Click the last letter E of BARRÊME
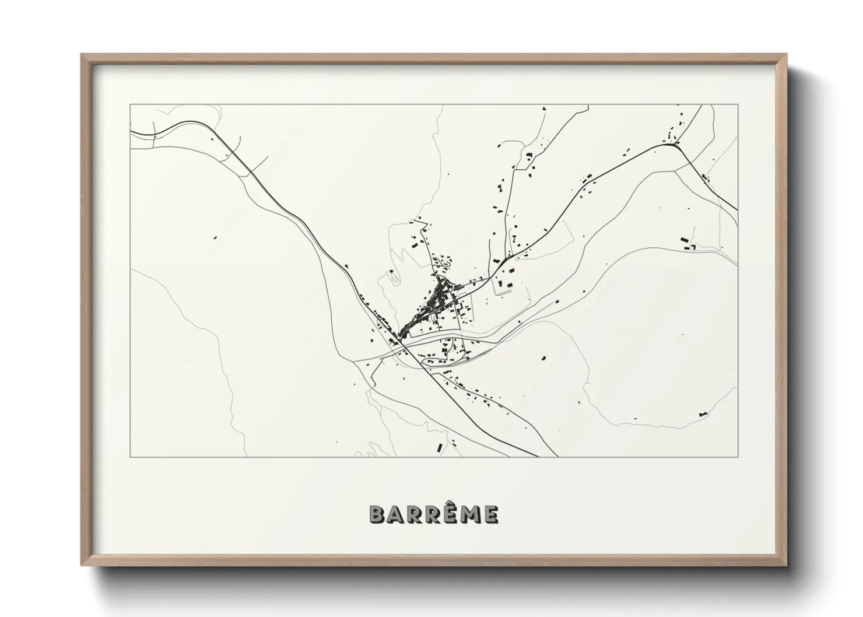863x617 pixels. pos(491,514)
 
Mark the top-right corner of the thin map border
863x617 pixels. pos(738,104)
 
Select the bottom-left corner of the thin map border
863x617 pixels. pos(131,457)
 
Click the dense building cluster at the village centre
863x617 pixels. pos(434,303)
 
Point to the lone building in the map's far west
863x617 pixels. pos(214,237)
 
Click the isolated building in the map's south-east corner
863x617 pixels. pos(702,413)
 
